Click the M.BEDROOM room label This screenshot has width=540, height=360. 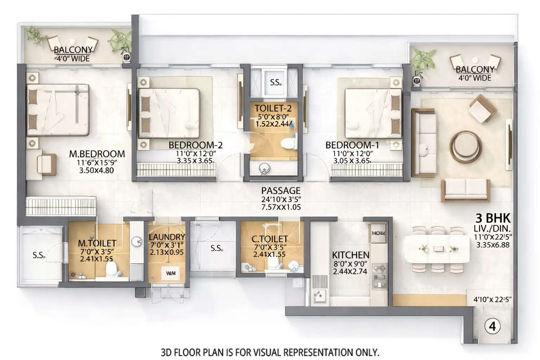97,154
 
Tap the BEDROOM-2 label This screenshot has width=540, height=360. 195,145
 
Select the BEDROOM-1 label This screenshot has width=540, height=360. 352,145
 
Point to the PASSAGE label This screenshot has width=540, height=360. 281,191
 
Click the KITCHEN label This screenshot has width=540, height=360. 351,255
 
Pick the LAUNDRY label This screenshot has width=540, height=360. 167,237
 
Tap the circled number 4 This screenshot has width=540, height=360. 492,327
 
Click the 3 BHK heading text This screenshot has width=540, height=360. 493,218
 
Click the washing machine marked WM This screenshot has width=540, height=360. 171,273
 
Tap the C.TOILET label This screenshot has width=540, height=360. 270,239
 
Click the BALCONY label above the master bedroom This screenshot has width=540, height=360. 73,50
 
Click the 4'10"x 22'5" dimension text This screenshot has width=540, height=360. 492,300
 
